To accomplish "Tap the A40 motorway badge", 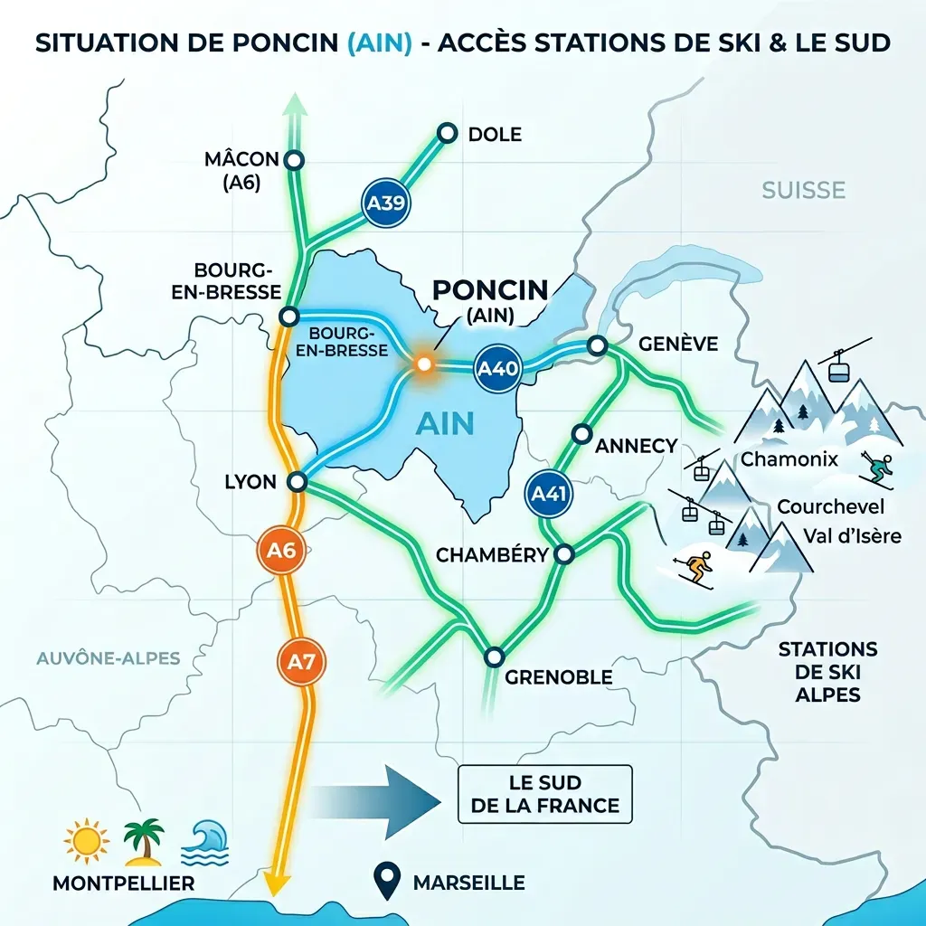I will click(x=497, y=369).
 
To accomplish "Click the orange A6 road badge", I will click(x=283, y=553).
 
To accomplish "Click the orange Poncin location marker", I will click(x=422, y=364).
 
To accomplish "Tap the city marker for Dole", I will click(x=446, y=134).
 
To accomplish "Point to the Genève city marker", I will click(x=597, y=345).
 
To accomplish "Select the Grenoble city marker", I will click(x=494, y=657).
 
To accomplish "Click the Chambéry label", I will click(x=492, y=554).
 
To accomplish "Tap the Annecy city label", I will click(x=637, y=445).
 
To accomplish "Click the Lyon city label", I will click(x=250, y=481).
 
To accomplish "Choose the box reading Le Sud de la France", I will click(x=545, y=793).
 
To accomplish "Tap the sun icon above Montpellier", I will click(x=87, y=841).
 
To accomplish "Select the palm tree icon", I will click(x=143, y=841).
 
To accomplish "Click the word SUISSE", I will click(x=803, y=190).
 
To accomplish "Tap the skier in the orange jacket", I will click(x=694, y=570).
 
